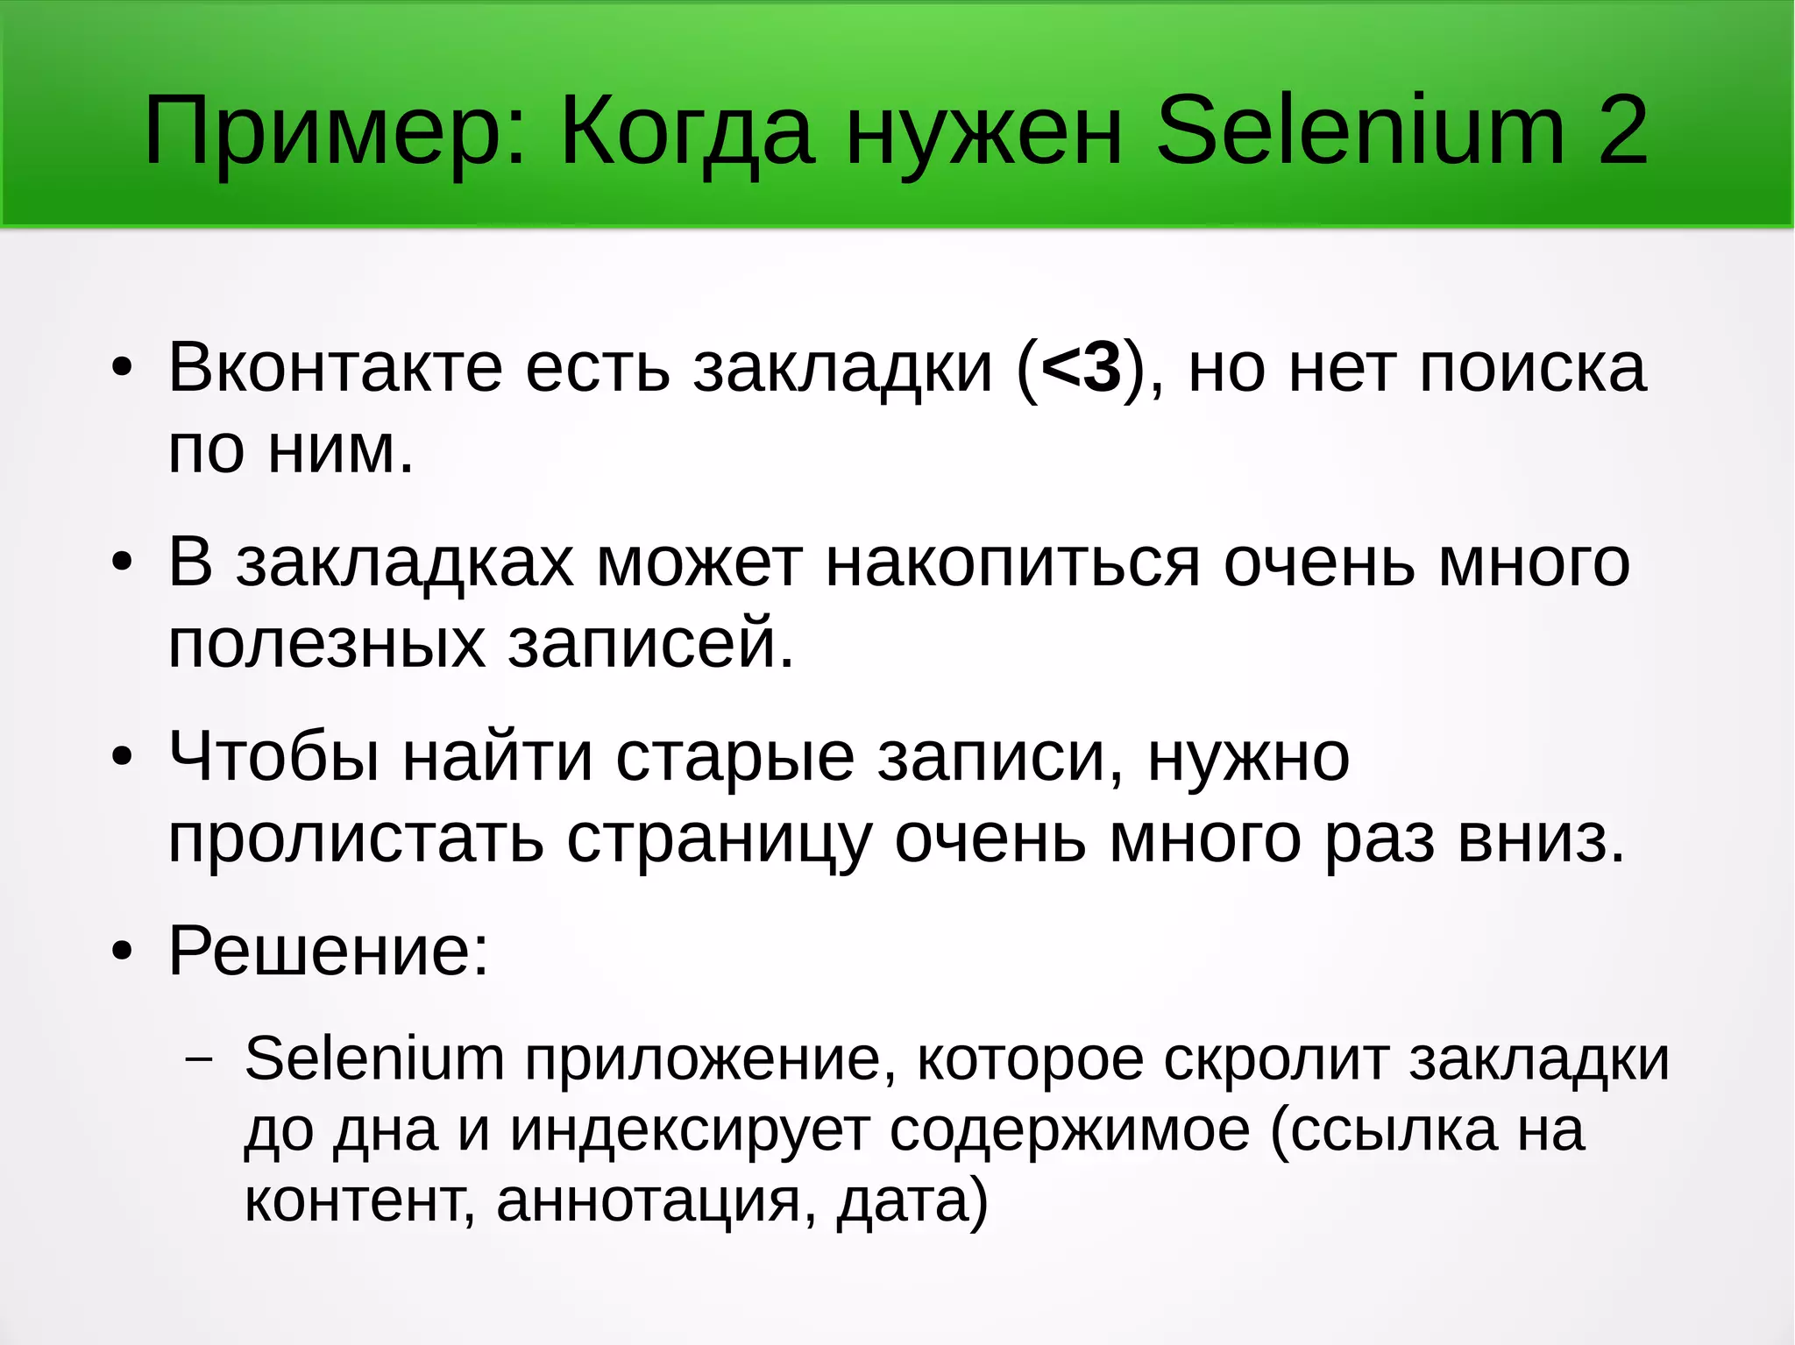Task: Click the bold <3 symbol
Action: (x=1082, y=368)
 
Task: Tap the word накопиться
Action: (x=1012, y=563)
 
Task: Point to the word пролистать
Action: (x=356, y=839)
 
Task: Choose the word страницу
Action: (x=719, y=839)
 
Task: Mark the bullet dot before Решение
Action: (x=122, y=952)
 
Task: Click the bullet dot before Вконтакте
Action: (x=122, y=369)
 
